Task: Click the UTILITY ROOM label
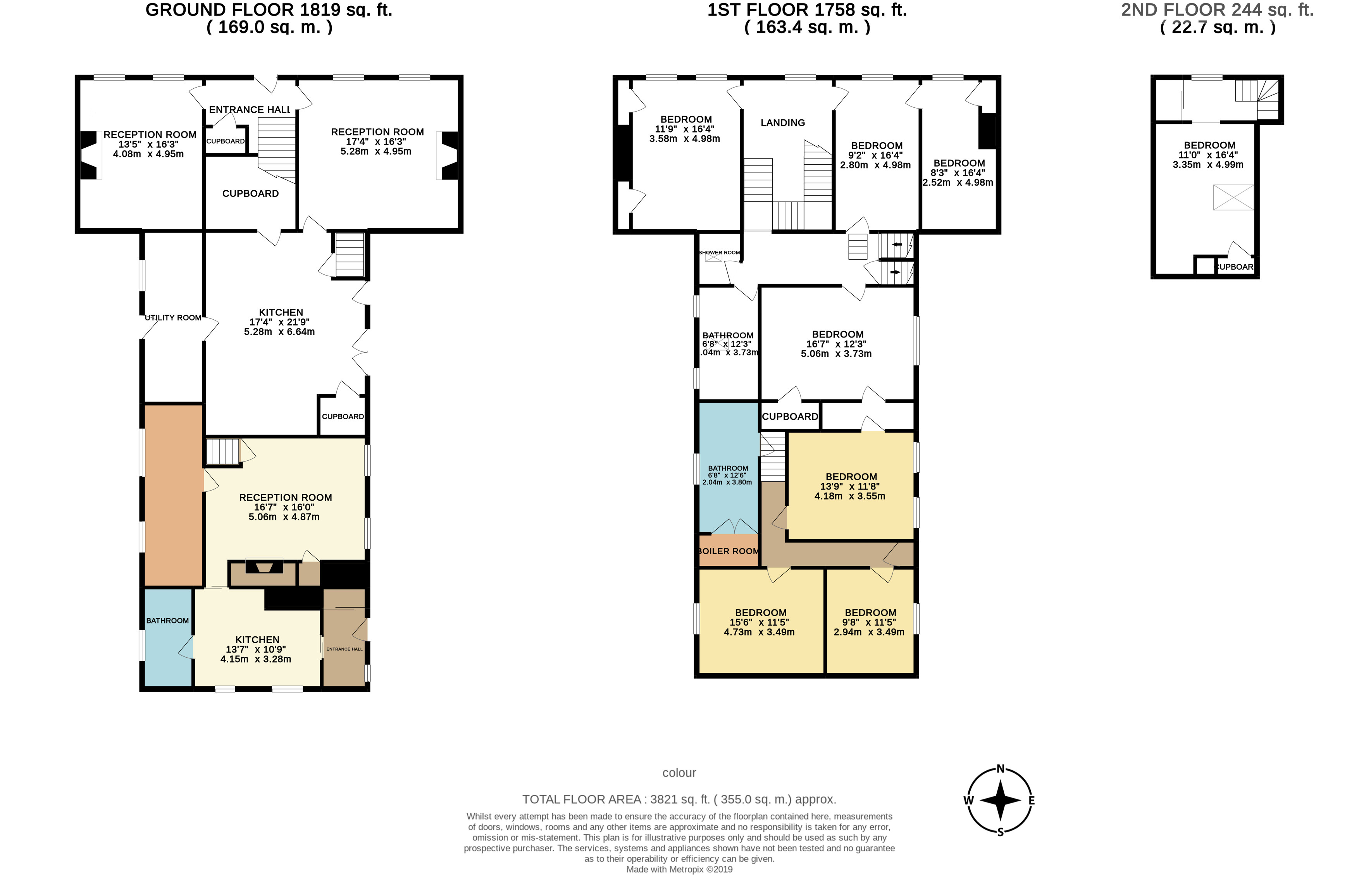click(173, 318)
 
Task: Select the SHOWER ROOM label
click(719, 252)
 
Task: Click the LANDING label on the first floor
click(782, 123)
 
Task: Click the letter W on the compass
click(968, 801)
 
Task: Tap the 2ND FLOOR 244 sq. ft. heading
click(1217, 10)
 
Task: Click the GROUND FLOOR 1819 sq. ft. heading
click(269, 10)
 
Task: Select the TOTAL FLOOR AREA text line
click(679, 799)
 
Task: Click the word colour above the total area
click(679, 773)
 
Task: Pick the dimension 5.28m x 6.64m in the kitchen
click(279, 332)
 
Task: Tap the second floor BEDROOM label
click(1209, 145)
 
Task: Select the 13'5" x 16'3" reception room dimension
click(148, 144)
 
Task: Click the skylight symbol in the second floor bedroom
click(1233, 197)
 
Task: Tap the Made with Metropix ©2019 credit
click(679, 869)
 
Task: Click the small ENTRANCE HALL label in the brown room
click(344, 649)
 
